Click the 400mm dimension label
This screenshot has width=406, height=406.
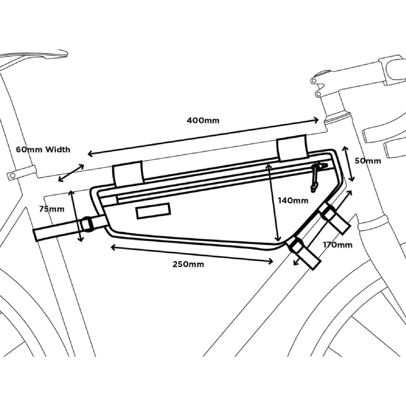tap(203, 121)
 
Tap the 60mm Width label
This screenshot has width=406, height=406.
tap(43, 149)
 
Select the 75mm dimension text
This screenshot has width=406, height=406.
tap(51, 209)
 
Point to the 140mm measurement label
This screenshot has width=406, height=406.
tap(293, 201)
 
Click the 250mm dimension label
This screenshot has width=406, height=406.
tap(188, 264)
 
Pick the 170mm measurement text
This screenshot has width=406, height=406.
tap(337, 245)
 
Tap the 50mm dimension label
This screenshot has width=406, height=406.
tap(368, 161)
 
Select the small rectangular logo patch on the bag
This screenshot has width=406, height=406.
tap(153, 211)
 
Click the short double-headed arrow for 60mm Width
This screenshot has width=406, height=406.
tap(71, 173)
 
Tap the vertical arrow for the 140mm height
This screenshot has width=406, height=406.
tap(273, 202)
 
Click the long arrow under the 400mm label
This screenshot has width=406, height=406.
tap(203, 137)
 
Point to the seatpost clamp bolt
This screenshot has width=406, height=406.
tap(12, 176)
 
